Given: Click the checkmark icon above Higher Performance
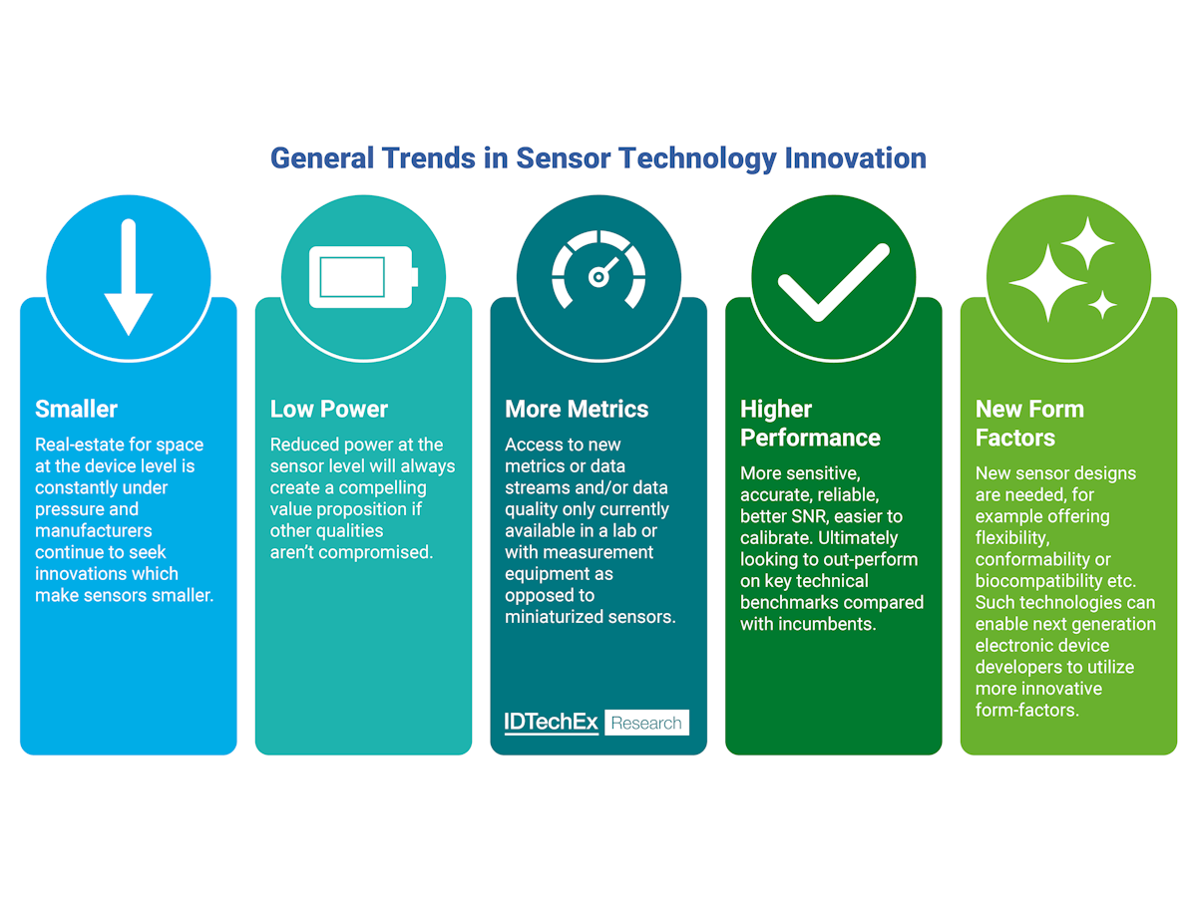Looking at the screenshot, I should [x=833, y=281].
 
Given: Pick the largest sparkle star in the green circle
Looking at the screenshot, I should [x=1047, y=283].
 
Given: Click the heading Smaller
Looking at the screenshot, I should [x=76, y=409].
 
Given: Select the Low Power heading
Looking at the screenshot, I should [x=329, y=409].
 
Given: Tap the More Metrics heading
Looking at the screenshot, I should [x=577, y=409].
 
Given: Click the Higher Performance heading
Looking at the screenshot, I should [x=810, y=424].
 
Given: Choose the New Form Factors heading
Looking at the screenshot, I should [x=1029, y=424].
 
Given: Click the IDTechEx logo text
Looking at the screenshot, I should [x=552, y=723].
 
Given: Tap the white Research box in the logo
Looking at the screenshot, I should [x=646, y=723].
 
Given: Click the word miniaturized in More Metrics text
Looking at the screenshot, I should [x=553, y=617].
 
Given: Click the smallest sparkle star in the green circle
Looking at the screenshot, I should [x=1102, y=305].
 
